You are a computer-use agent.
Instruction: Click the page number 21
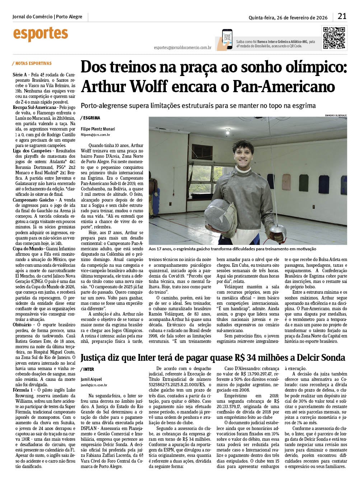pos(342,16)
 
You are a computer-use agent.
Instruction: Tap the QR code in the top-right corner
pos(335,38)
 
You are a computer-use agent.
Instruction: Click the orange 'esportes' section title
pos(40,34)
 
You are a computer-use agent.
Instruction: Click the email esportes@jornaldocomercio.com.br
pos(182,47)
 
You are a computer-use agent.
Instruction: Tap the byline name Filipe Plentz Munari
pos(98,128)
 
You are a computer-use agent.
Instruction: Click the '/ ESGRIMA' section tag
pos(90,118)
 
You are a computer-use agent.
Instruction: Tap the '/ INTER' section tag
pos(88,369)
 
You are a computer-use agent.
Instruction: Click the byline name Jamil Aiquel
pos(91,379)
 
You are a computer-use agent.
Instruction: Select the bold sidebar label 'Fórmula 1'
pos(23,390)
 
